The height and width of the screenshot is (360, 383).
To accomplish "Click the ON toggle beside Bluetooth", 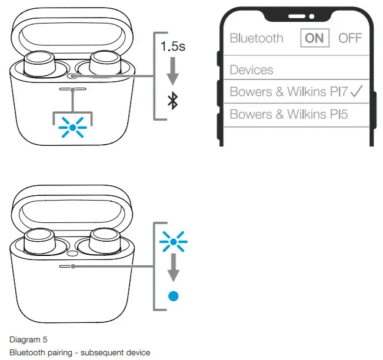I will pyautogui.click(x=315, y=38).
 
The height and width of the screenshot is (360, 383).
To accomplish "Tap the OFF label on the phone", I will pyautogui.click(x=350, y=38).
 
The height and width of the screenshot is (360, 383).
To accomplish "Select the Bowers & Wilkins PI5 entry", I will pyautogui.click(x=288, y=114).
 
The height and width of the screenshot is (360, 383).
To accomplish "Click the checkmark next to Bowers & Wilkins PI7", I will pyautogui.click(x=357, y=91).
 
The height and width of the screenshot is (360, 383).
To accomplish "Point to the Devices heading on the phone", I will pyautogui.click(x=251, y=70).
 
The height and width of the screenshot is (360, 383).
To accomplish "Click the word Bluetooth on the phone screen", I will pyautogui.click(x=257, y=38).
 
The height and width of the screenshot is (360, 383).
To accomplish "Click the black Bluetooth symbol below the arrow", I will pyautogui.click(x=172, y=101).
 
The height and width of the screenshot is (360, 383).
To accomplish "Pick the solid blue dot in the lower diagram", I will pyautogui.click(x=173, y=296).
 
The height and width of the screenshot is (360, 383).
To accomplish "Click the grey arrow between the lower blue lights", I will pyautogui.click(x=173, y=268).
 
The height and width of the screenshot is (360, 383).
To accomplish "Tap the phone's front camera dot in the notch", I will pyautogui.click(x=312, y=16).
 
